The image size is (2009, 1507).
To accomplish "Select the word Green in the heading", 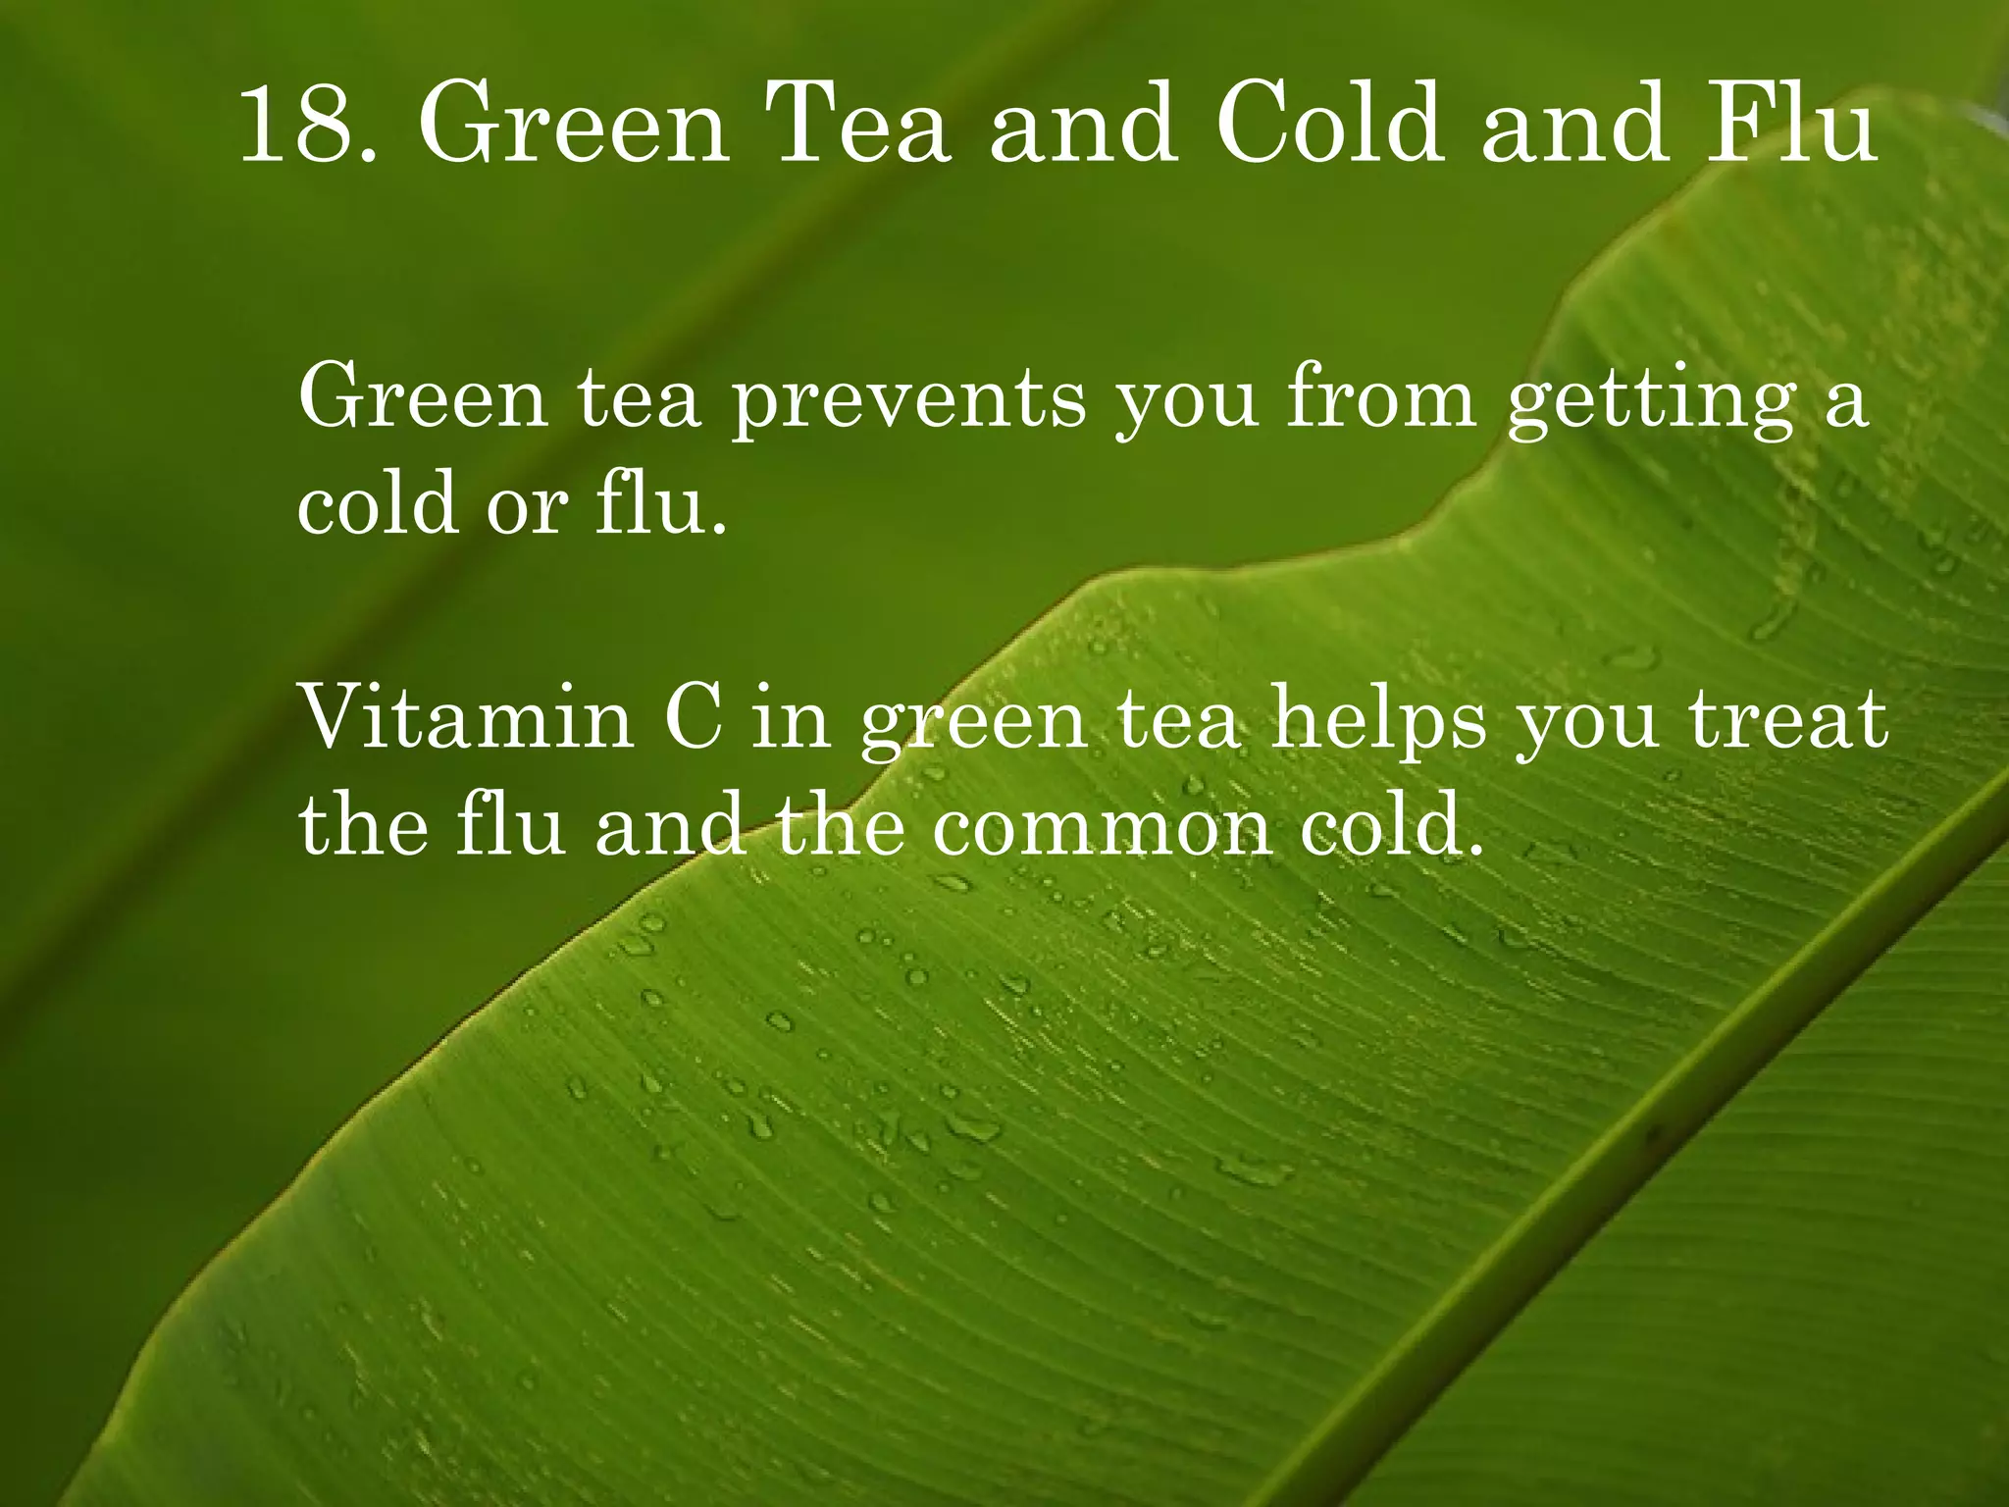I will (x=574, y=126).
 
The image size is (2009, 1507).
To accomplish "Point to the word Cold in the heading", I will (x=1329, y=126).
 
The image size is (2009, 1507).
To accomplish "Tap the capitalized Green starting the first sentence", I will (x=423, y=396).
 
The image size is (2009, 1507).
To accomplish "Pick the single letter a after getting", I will (x=1845, y=402).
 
